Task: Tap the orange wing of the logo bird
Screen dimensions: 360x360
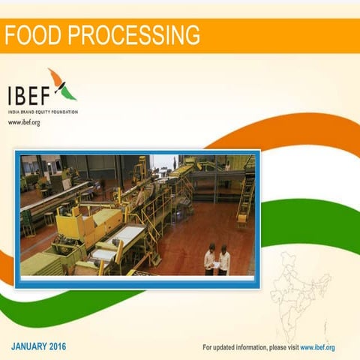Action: [55, 77]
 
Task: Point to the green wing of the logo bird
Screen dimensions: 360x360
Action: [67, 92]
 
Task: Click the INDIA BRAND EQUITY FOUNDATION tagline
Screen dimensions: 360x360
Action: [43, 112]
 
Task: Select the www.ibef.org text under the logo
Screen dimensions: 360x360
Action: [24, 122]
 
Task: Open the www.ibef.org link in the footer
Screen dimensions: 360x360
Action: [317, 347]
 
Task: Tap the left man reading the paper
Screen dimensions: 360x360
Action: [210, 259]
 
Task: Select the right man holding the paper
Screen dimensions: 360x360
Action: [224, 259]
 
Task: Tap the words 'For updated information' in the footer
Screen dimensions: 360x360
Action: [232, 347]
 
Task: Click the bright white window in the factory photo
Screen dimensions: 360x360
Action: [164, 162]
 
